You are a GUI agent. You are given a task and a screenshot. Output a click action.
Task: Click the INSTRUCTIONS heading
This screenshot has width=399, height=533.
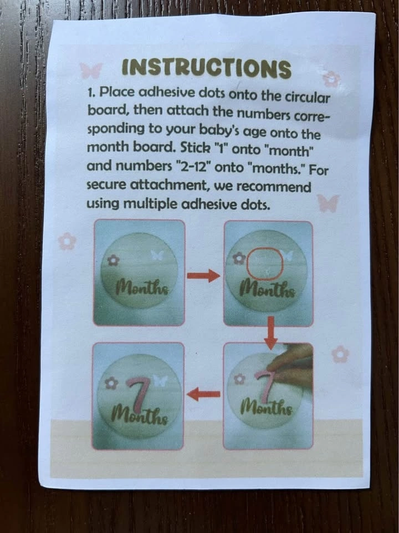point(207,68)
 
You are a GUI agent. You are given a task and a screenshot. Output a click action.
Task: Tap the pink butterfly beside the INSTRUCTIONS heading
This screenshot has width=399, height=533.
point(91,71)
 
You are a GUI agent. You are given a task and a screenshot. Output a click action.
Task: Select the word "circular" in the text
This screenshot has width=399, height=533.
point(307,97)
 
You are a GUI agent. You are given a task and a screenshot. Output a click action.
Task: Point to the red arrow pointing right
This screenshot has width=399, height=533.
point(203,275)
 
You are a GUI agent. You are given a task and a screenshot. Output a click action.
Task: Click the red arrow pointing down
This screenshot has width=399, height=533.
point(270,333)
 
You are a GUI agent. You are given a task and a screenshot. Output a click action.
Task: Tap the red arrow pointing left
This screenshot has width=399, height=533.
point(203,394)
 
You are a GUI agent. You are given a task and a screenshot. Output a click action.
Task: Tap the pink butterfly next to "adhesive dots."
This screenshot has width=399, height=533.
point(328,203)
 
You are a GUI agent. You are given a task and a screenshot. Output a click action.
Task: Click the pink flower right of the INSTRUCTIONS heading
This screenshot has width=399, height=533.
point(331,79)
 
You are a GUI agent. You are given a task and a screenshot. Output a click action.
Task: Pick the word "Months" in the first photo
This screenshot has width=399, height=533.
point(142,288)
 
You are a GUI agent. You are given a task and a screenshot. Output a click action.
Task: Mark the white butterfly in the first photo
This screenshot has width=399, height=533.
point(157,255)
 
